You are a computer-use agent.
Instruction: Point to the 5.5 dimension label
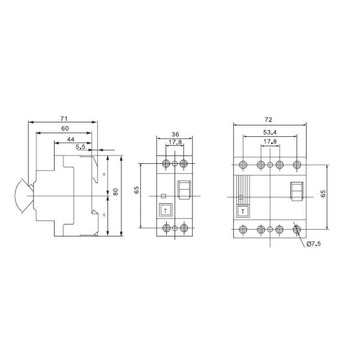80,146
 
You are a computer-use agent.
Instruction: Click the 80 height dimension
116,192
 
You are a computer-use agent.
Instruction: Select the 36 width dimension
175,134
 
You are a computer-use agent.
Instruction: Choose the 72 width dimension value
270,121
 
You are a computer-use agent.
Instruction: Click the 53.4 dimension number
269,133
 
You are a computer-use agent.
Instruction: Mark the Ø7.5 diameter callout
314,244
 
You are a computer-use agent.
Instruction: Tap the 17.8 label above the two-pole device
175,143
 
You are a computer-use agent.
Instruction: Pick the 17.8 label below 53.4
270,143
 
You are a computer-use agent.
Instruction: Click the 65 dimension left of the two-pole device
137,190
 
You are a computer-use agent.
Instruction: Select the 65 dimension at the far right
323,194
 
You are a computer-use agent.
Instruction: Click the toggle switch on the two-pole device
184,190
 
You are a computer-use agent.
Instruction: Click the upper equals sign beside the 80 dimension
106,175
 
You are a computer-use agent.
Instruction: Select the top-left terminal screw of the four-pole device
243,164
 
